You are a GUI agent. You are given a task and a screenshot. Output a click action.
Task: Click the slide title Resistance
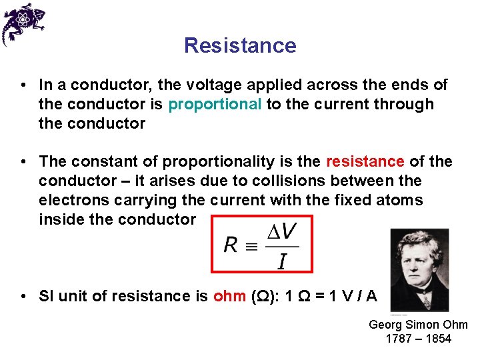pos(240,45)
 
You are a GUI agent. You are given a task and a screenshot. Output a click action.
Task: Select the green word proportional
pos(215,105)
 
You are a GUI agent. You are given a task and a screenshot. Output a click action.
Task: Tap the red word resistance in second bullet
pos(365,162)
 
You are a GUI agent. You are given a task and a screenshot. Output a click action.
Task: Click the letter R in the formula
pos(231,245)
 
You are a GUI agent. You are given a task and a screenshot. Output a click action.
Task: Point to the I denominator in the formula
pos(282,261)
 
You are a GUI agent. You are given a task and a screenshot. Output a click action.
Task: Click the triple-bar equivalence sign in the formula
pos(251,245)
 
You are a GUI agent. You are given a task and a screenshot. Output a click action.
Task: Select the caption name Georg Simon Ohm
pos(418,325)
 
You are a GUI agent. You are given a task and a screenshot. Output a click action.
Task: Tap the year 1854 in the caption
pos(437,339)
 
